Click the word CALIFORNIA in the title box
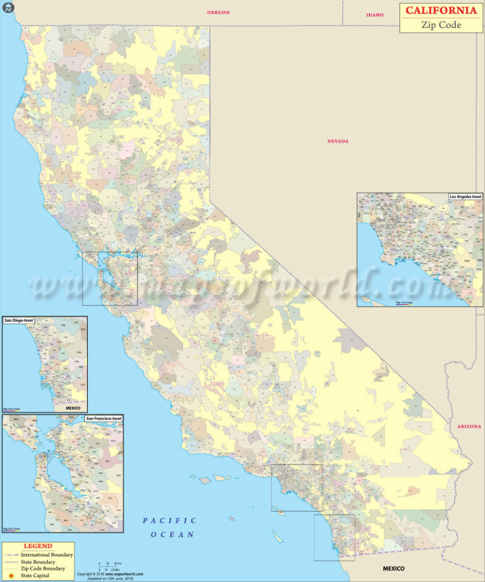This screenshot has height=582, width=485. [x=441, y=10]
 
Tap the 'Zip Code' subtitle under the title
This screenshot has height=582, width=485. [x=441, y=25]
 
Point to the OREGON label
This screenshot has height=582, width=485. [x=218, y=12]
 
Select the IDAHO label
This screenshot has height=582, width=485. [x=375, y=15]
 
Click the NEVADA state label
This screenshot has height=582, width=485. [x=338, y=141]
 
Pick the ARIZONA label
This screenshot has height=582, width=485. [x=469, y=427]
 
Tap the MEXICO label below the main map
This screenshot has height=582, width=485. [x=393, y=569]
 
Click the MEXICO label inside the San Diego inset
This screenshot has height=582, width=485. [x=73, y=408]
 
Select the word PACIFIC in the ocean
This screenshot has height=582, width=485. [x=170, y=520]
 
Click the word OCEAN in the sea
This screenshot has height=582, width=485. [x=173, y=535]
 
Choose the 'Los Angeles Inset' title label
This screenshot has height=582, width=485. [x=465, y=197]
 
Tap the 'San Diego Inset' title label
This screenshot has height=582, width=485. [x=19, y=320]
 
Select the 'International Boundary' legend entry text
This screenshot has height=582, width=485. [x=47, y=555]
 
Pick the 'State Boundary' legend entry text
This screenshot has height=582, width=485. [x=38, y=562]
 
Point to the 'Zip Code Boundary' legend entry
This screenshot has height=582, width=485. [x=42, y=569]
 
